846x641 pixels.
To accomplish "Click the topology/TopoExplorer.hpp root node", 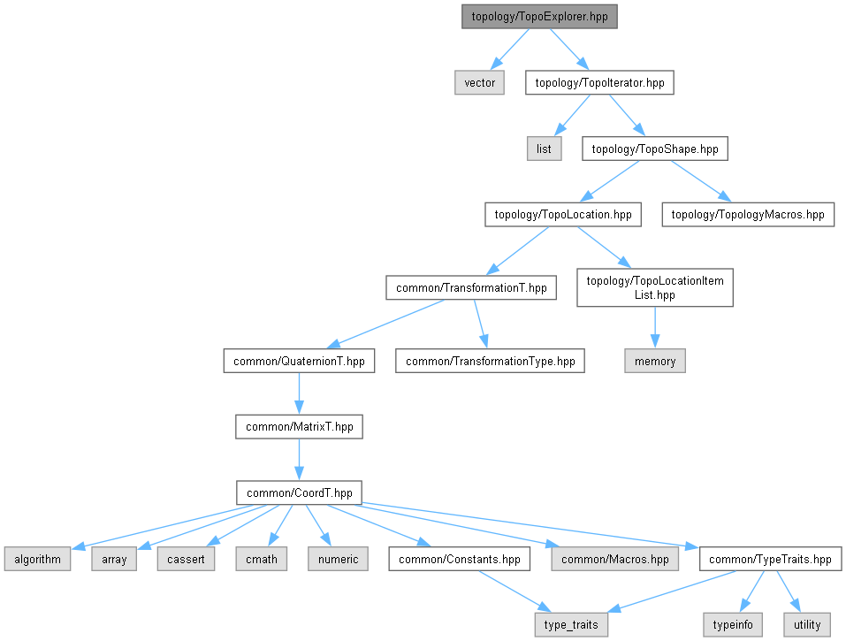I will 539,17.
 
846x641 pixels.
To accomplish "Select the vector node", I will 480,83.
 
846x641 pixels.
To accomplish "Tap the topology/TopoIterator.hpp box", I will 599,83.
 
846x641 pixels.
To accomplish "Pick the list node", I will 544,149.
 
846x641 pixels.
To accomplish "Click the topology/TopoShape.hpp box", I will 654,149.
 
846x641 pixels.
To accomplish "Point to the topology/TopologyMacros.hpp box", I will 748,214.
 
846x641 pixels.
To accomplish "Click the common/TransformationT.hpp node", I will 471,287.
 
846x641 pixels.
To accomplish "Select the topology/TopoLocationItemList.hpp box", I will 655,288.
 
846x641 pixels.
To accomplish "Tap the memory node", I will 655,361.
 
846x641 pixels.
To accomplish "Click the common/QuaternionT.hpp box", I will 299,361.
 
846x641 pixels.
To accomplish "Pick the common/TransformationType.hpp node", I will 490,361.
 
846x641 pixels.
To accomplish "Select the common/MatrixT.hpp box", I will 299,426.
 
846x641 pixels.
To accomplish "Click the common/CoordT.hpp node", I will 299,492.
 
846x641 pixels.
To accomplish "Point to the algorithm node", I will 37,559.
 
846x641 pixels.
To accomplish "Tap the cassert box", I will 187,559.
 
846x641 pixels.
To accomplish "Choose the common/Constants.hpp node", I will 460,559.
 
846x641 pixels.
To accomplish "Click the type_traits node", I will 571,624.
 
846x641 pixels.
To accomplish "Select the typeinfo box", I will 733,624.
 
